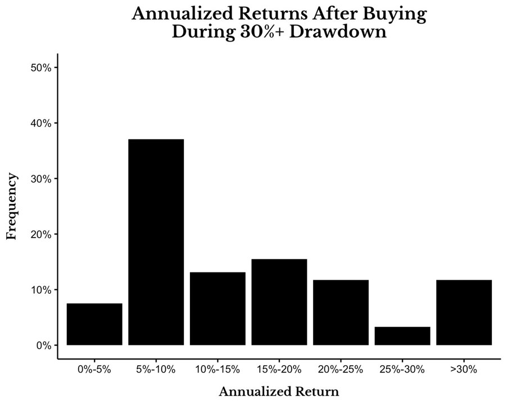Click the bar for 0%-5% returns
click(94, 324)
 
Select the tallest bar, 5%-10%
click(156, 242)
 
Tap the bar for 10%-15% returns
click(218, 309)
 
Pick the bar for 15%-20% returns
click(279, 302)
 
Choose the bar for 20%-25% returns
click(341, 312)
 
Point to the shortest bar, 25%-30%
click(402, 336)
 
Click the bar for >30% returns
click(464, 312)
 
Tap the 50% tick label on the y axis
click(41, 67)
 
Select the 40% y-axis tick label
click(41, 123)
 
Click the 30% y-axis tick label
click(41, 179)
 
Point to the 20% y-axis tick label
click(41, 234)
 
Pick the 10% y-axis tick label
click(41, 290)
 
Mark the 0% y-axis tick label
click(44, 345)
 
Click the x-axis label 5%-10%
click(156, 369)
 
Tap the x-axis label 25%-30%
click(402, 369)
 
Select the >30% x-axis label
click(464, 369)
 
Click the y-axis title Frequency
click(12, 206)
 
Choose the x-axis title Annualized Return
click(279, 392)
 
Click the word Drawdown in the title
click(338, 32)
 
